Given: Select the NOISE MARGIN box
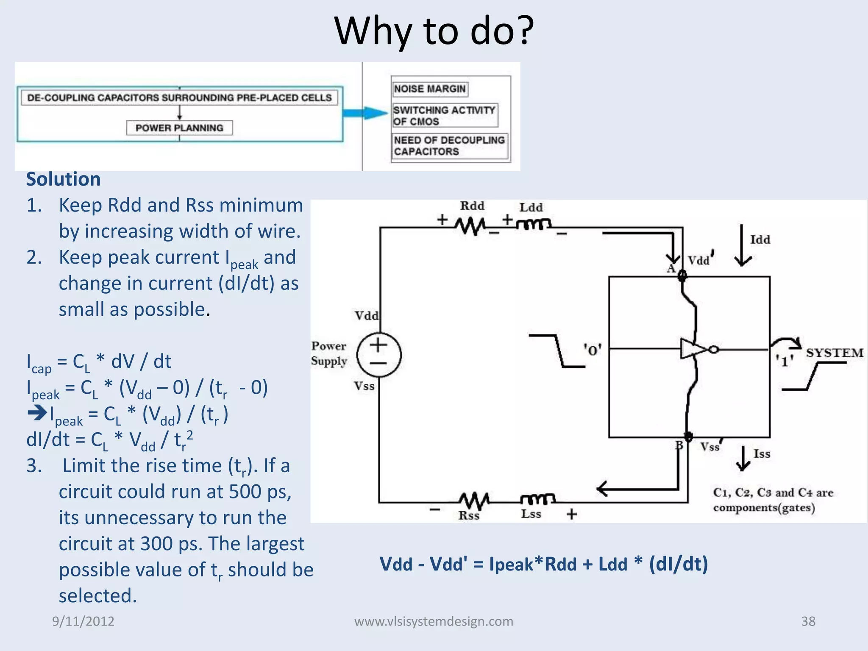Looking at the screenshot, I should click(x=430, y=89).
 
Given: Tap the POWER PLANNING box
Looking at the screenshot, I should click(x=179, y=128).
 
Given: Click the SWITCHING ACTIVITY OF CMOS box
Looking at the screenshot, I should click(x=445, y=116).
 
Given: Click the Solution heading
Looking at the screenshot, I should click(x=64, y=179).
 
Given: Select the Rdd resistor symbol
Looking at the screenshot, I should click(x=471, y=225).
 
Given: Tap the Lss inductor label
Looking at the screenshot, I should click(x=531, y=514).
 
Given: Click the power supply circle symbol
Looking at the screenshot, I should click(x=378, y=355).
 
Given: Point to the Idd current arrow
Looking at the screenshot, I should click(x=742, y=246).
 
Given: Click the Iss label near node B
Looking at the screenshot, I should click(x=762, y=454).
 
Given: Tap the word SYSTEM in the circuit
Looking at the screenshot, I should click(x=834, y=353).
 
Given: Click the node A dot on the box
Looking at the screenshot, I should click(x=682, y=276).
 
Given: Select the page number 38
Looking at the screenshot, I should click(x=808, y=621).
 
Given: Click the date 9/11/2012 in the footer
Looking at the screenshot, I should click(x=83, y=621).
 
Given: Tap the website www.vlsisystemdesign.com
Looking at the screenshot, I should click(x=434, y=621).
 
